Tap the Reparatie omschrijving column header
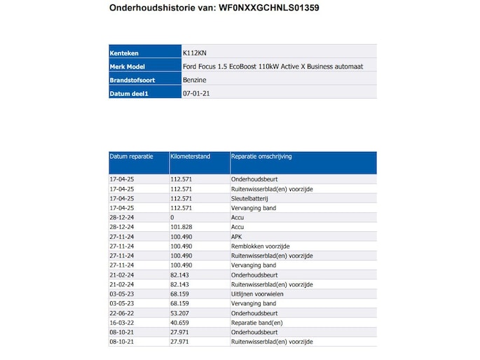pos(262,156)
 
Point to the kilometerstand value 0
pos(172,218)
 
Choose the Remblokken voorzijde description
pos(260,247)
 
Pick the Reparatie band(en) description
pos(256,323)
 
